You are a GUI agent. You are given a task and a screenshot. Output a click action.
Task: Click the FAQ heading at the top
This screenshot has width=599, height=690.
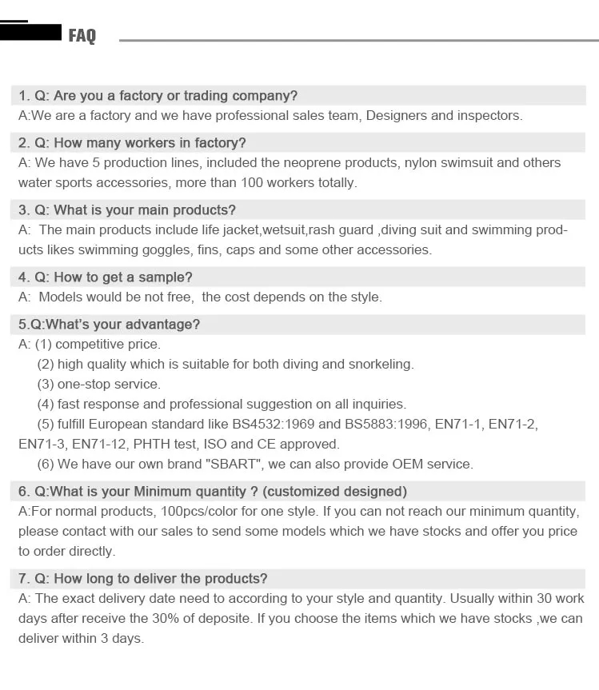(82, 35)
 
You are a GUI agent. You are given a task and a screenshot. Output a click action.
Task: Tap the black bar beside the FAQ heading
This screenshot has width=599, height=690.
(31, 32)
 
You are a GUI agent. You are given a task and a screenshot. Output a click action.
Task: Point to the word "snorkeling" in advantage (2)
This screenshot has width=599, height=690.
(381, 364)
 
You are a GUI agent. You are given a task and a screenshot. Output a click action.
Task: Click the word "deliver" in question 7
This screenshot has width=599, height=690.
(157, 578)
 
